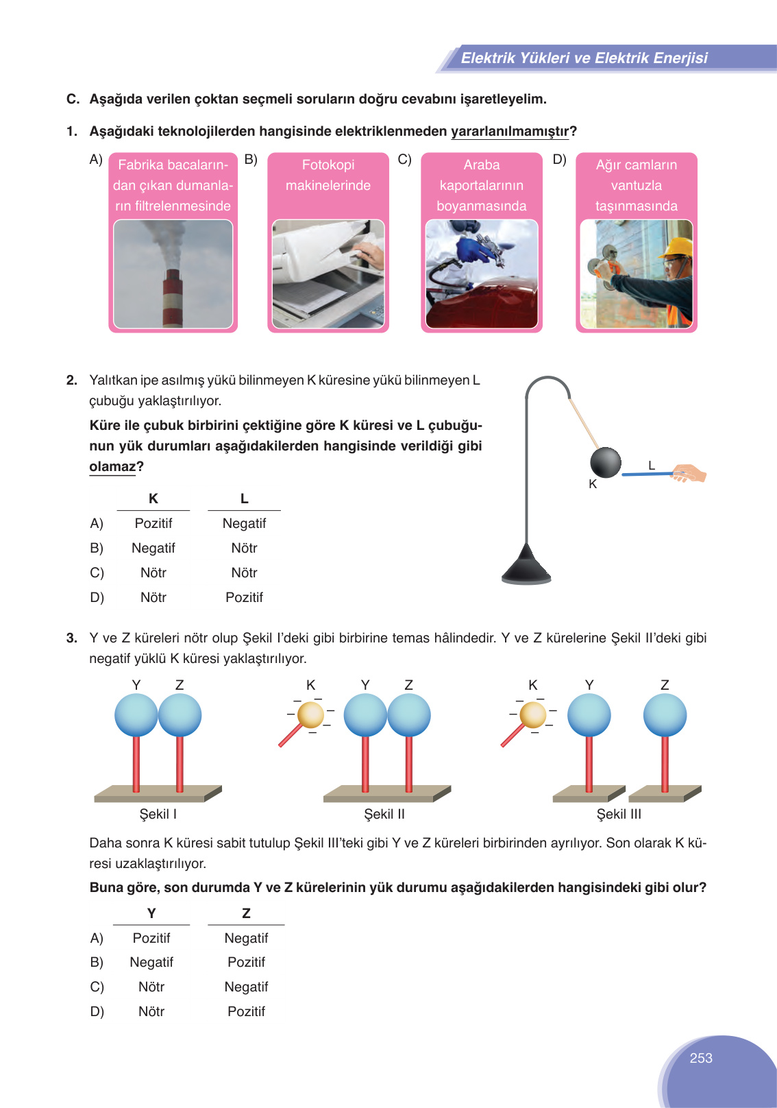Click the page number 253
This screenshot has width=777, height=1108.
pos(701,1058)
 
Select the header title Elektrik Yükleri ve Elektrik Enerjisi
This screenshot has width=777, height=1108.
pos(584,58)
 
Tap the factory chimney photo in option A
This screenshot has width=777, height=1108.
pos(173,274)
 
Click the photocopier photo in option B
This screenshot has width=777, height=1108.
pos(328,274)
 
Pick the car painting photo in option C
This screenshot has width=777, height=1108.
pos(482,274)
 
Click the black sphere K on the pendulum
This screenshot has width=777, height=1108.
pos(606,462)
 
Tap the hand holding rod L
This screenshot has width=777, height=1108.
pos(689,473)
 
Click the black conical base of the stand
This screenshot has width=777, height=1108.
pos(526,566)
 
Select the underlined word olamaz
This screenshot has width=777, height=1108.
pos(112,467)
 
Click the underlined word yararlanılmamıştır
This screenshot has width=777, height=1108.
pos(510,131)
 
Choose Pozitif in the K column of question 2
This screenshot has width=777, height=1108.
pos(153,523)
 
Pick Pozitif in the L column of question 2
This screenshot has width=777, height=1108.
pos(244,597)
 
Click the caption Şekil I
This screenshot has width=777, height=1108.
pos(158,814)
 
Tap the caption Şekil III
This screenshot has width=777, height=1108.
pos(619,814)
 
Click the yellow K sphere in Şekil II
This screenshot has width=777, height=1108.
pos(311,714)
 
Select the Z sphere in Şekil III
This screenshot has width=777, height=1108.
pos(665,715)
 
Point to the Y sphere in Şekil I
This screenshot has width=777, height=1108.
pos(136,715)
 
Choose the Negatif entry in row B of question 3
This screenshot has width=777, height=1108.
pos(151,962)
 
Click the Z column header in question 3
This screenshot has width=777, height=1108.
pos(246,913)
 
